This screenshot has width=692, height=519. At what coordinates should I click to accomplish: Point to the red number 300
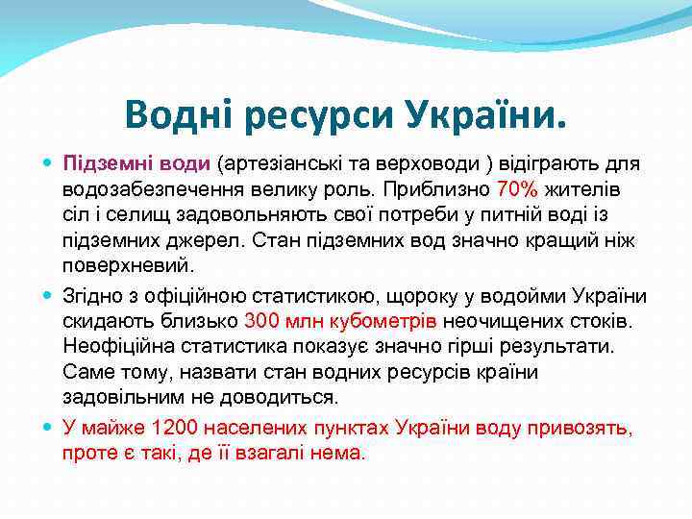coord(261,320)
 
